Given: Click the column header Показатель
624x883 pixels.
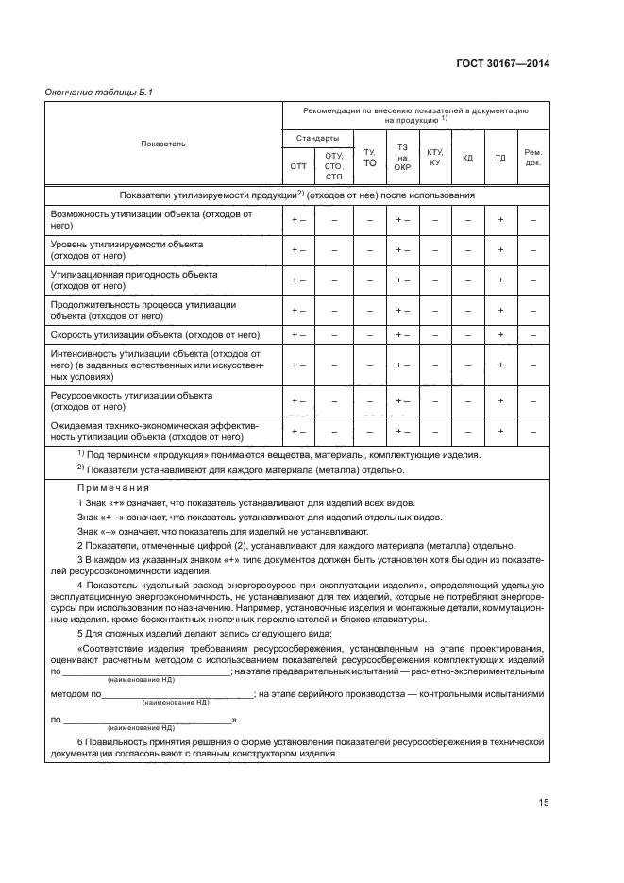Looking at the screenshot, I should [163, 144].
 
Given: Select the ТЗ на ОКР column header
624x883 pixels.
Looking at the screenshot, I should [402, 157].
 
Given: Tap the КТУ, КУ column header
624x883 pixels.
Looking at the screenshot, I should [435, 157].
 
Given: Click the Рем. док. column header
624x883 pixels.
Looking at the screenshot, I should [533, 157].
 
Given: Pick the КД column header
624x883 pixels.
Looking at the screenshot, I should [467, 157].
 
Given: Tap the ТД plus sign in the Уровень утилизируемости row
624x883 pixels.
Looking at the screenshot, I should [500, 250].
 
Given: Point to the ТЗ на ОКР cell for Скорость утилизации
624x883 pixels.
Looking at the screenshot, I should [402, 334].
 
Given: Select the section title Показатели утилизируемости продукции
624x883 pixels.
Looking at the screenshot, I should [296, 195].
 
